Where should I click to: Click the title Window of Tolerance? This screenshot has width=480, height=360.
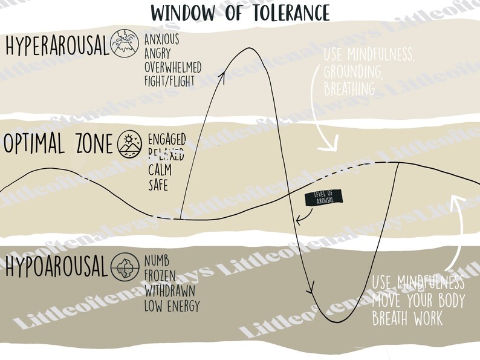pos(240,11)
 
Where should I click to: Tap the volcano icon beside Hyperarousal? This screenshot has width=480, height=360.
pos(125,44)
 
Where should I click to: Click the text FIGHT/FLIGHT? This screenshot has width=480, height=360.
pos(169,80)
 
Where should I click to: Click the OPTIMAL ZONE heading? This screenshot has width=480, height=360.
pos(58,145)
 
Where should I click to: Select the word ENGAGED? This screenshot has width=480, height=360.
pos(167,138)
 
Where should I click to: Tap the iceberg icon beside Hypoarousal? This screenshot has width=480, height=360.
pos(125,267)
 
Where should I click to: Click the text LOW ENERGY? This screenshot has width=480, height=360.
pos(172,306)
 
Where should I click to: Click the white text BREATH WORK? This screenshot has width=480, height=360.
pos(407,318)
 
